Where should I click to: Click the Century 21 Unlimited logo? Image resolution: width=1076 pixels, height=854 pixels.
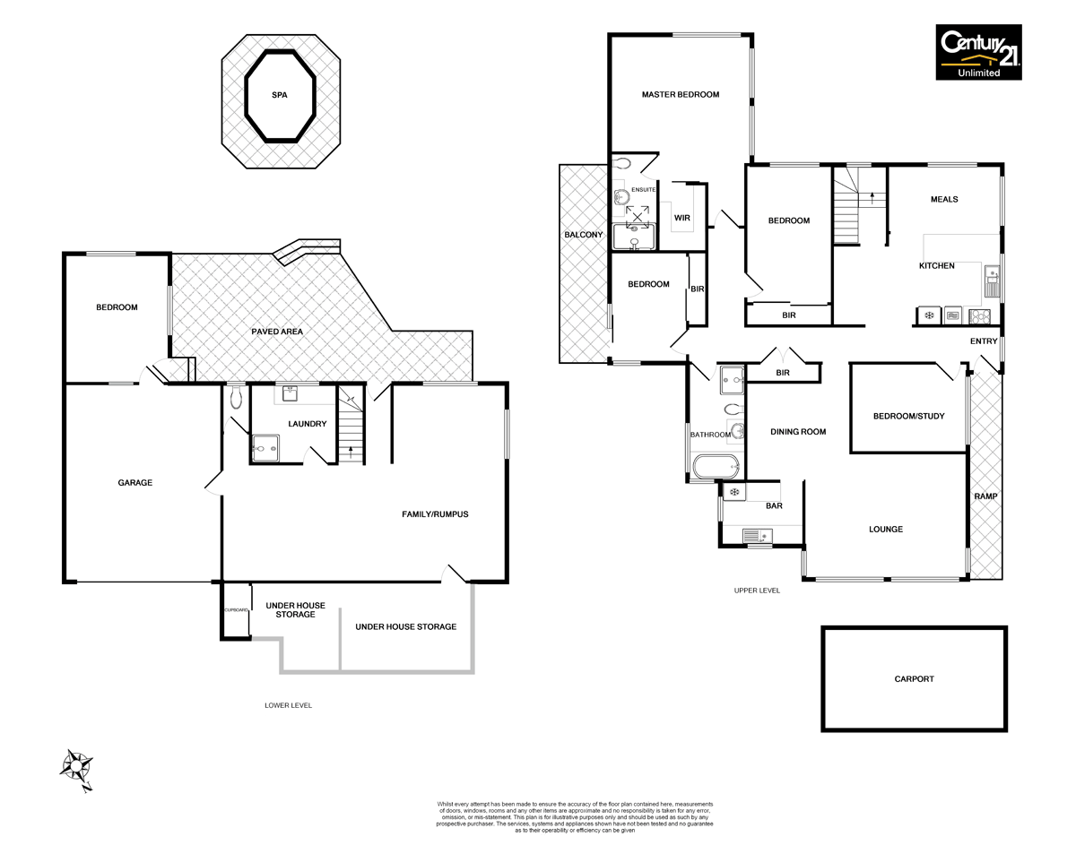tap(978, 53)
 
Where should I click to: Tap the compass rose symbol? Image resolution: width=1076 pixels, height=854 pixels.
tap(77, 769)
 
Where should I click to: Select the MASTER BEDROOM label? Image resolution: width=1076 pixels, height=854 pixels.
tap(680, 94)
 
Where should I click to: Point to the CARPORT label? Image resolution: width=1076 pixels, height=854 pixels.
tap(914, 679)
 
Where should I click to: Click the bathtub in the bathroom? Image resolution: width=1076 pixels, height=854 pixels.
tap(715, 466)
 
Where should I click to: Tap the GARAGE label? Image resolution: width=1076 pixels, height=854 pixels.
tap(135, 482)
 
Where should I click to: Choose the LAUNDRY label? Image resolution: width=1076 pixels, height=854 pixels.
tap(308, 424)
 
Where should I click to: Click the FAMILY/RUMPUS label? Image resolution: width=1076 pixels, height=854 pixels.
tap(435, 514)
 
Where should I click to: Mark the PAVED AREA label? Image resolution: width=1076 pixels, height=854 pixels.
tap(277, 332)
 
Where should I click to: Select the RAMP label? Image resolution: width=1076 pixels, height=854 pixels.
tap(985, 496)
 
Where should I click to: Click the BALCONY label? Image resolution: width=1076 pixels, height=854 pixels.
tap(583, 235)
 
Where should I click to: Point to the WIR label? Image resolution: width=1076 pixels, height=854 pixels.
tap(681, 217)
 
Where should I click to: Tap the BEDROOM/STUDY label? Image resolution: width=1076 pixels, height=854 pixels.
tap(908, 416)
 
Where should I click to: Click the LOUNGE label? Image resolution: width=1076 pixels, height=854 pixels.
tap(885, 529)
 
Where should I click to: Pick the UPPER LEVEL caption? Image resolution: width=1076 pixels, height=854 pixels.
tap(757, 591)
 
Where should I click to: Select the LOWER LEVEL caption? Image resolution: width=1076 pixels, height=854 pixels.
tap(288, 705)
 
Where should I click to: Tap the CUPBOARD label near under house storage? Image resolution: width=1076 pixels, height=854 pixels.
tap(236, 610)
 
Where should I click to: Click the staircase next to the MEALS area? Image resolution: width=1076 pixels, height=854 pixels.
tap(846, 208)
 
